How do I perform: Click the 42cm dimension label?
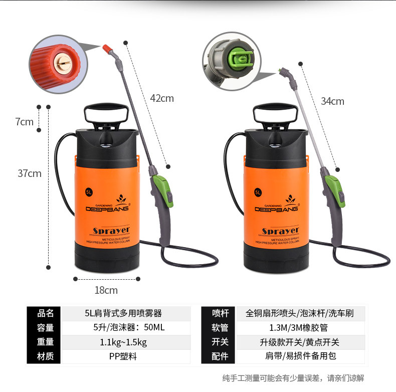(x=162, y=98)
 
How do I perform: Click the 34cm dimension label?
(x=332, y=101)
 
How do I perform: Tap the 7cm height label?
(x=24, y=121)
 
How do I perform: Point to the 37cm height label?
(x=30, y=173)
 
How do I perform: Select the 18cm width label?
(x=106, y=290)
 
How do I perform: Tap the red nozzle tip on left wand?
(x=107, y=49)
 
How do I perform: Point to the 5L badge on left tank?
(x=89, y=191)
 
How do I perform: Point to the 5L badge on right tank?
(x=258, y=191)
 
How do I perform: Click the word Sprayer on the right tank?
(x=280, y=231)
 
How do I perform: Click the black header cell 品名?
(x=46, y=314)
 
